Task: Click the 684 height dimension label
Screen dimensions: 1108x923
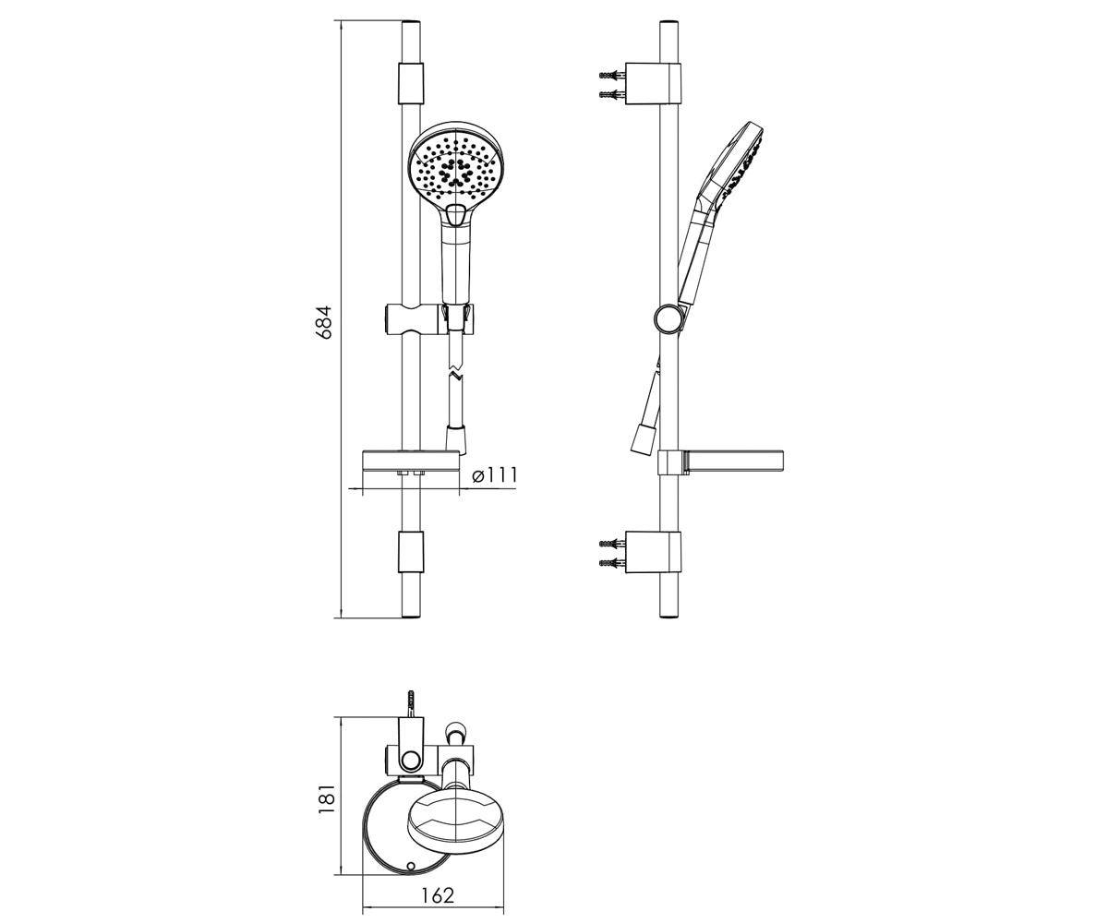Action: point(323,322)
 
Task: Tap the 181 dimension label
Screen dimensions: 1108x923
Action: point(327,799)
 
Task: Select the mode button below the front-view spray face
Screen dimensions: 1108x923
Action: point(456,215)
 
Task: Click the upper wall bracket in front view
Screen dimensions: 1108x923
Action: point(411,83)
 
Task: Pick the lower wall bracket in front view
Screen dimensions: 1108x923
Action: point(411,551)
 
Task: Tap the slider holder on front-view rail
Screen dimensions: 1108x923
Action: point(428,319)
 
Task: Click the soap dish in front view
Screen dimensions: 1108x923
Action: point(411,462)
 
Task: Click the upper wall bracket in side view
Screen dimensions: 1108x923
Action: point(653,83)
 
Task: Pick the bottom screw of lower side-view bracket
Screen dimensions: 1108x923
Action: point(612,562)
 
